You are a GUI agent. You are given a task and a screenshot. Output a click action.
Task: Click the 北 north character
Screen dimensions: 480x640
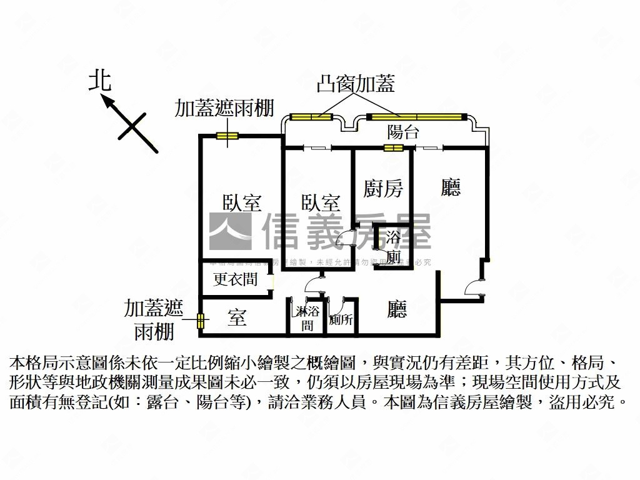coord(100,81)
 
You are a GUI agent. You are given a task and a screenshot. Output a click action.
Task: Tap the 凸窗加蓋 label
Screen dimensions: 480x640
coord(356,84)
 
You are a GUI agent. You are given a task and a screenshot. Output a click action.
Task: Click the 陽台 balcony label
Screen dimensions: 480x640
coord(403,132)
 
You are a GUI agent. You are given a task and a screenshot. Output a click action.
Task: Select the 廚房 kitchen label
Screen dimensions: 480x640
coord(383,188)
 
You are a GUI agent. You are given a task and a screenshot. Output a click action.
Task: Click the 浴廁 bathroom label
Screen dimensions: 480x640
coord(394,247)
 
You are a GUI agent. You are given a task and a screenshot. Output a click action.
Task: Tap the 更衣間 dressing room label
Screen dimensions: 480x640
coord(235,279)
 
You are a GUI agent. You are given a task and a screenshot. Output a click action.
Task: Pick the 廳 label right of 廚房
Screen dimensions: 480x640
coord(451,187)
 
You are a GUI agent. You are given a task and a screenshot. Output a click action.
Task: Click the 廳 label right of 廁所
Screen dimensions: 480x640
coord(397,309)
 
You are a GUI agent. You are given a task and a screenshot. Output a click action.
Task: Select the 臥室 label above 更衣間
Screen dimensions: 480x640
coord(242,203)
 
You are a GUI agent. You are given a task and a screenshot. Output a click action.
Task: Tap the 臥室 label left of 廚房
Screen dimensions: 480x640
coord(321,203)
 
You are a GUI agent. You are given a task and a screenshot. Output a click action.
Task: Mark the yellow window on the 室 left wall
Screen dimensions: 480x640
coord(201,321)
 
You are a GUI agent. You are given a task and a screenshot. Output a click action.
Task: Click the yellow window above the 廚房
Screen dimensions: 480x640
coord(393,148)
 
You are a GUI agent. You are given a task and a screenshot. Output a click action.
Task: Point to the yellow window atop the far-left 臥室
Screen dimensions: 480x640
coord(226,136)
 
